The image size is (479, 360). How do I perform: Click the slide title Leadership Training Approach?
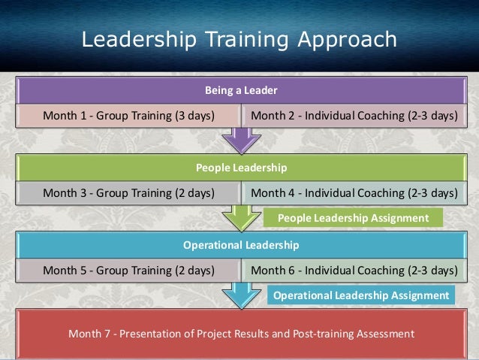click(x=239, y=39)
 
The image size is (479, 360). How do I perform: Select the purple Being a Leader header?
click(x=240, y=91)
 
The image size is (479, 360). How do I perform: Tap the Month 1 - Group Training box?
click(x=128, y=116)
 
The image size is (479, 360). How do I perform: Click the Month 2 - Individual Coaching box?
click(x=353, y=116)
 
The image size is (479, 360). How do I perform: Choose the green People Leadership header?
click(x=240, y=167)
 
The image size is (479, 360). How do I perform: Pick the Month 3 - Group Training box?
click(x=128, y=192)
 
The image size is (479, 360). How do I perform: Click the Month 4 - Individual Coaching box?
click(x=353, y=192)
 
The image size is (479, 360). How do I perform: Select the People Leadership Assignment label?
click(x=353, y=218)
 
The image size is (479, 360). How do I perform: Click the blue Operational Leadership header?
click(x=240, y=245)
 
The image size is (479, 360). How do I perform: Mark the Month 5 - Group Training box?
click(x=128, y=269)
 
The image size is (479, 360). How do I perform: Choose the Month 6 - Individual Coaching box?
click(x=353, y=269)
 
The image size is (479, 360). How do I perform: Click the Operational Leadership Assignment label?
click(x=361, y=295)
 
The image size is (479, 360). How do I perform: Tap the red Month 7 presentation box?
click(x=240, y=333)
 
